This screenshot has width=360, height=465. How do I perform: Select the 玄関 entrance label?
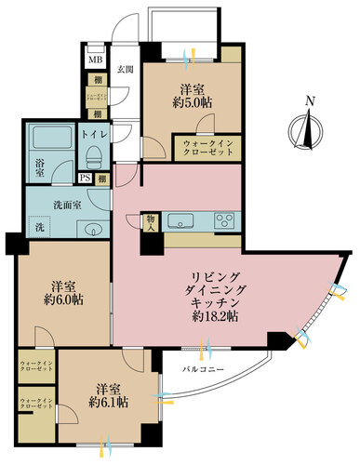point(125,69)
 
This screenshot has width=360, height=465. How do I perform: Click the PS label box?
point(84,179)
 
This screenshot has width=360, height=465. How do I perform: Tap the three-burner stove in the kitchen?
point(226,221)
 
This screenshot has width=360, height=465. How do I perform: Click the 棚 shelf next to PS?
point(100,179)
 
